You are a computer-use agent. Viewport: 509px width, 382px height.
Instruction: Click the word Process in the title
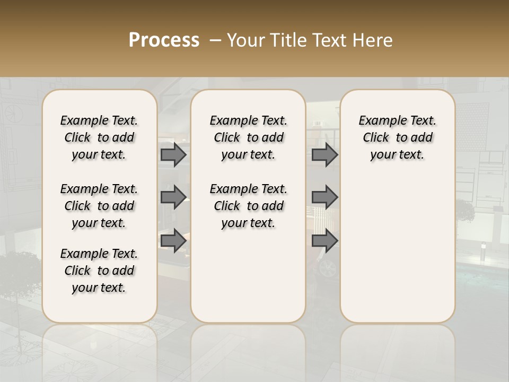tap(164, 40)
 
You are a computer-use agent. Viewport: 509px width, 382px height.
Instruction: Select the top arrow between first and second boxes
tap(173, 154)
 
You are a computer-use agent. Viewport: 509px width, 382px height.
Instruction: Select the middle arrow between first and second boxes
tap(173, 197)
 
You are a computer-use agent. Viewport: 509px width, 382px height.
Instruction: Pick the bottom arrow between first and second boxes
tap(173, 240)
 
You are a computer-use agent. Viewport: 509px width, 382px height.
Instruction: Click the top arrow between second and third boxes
tap(324, 154)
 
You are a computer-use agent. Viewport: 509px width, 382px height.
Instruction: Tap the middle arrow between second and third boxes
tap(324, 197)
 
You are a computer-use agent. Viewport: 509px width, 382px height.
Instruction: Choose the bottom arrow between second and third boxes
tap(324, 240)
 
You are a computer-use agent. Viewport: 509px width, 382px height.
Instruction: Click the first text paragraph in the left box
tap(99, 137)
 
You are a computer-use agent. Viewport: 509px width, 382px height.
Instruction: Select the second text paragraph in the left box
tap(99, 206)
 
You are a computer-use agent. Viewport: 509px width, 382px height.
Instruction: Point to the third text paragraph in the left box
tap(99, 271)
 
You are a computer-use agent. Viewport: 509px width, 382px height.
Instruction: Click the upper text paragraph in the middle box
tap(248, 137)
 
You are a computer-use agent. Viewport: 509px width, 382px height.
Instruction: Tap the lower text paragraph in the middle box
tap(248, 206)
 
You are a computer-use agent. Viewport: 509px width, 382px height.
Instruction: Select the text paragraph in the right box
tap(397, 137)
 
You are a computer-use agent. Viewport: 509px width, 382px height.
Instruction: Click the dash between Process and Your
tap(216, 40)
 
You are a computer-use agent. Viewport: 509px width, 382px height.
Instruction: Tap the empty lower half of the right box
tap(397, 255)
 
